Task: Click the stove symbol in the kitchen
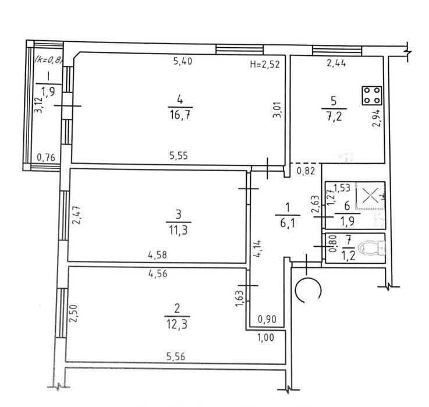tap(372, 95)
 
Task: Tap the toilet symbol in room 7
tap(372, 248)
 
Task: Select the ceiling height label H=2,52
tap(265, 64)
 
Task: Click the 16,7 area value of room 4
tap(180, 115)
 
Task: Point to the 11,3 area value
tap(178, 231)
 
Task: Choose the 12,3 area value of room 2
tap(177, 325)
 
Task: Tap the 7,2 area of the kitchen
tap(334, 117)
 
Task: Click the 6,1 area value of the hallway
tap(288, 224)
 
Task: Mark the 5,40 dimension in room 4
tap(183, 61)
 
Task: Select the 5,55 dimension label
tap(179, 155)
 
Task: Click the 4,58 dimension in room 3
tap(157, 255)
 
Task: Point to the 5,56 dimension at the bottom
tap(176, 356)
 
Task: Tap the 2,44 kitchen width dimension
tap(336, 63)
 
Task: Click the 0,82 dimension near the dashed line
tap(306, 171)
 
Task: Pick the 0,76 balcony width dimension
tap(46, 158)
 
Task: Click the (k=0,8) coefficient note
tap(49, 60)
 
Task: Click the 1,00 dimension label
tap(265, 337)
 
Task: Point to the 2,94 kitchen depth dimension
tap(377, 118)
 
